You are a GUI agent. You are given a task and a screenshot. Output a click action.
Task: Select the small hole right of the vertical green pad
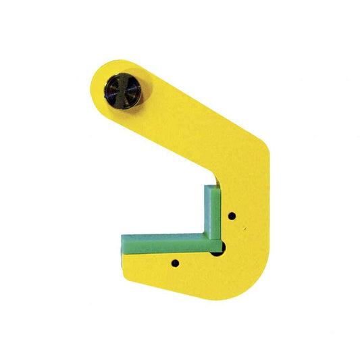coord(232,216)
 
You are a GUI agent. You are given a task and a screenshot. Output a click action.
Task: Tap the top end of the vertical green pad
coord(211,184)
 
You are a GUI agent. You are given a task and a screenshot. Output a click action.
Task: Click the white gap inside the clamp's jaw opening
coord(169,209)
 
